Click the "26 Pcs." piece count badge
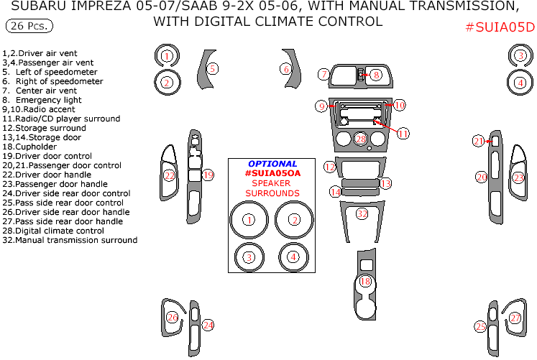pos(29,27)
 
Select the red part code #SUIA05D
pos(500,27)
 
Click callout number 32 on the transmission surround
pos(362,213)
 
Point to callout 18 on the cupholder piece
pos(366,281)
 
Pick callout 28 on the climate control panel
pos(360,138)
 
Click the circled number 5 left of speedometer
pos(212,68)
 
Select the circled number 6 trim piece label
pos(286,69)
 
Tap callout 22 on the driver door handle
pos(170,175)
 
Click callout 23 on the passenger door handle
pos(518,177)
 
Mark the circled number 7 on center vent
pos(324,74)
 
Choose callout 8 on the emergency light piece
pos(375,75)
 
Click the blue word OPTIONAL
pos(272,164)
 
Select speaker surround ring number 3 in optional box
pos(249,257)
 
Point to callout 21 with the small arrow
pos(479,142)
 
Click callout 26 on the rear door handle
pos(172,317)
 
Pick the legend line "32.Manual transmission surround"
pos(69,240)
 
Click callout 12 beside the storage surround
pos(330,167)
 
